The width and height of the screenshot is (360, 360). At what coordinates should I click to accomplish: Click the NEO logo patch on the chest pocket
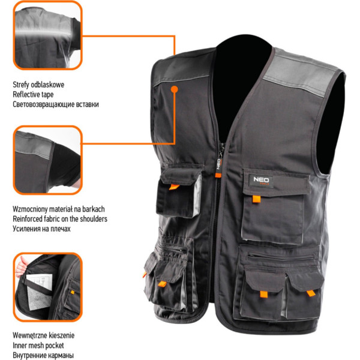point(261,181)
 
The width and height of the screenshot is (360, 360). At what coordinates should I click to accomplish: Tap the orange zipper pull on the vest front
point(218,175)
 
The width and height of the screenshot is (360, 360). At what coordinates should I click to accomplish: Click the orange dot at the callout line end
point(175,89)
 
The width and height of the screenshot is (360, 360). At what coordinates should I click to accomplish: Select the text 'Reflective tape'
point(33,94)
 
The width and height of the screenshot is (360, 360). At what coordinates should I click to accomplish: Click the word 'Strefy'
point(21,85)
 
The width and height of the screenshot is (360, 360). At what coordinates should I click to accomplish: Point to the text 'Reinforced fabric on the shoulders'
point(60,219)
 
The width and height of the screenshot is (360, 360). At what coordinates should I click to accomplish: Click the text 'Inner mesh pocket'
point(38,346)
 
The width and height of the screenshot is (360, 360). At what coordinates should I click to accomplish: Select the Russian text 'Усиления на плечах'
point(41,229)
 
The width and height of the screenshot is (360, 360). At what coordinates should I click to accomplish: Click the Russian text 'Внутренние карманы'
point(43,355)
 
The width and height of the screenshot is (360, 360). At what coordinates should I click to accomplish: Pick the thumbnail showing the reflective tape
point(48,35)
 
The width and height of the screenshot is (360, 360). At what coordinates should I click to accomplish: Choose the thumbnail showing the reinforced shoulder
point(48,160)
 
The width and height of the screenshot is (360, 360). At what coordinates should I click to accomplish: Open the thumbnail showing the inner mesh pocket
point(48,287)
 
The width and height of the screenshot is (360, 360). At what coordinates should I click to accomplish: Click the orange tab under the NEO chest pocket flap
point(256,199)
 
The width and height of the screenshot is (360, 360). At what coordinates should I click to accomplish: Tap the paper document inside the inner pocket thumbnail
point(40,292)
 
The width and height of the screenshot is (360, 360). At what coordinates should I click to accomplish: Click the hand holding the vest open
point(21,267)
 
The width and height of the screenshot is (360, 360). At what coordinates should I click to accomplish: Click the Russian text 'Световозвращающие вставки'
point(56,104)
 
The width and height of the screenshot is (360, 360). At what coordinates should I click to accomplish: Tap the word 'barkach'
point(94,209)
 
